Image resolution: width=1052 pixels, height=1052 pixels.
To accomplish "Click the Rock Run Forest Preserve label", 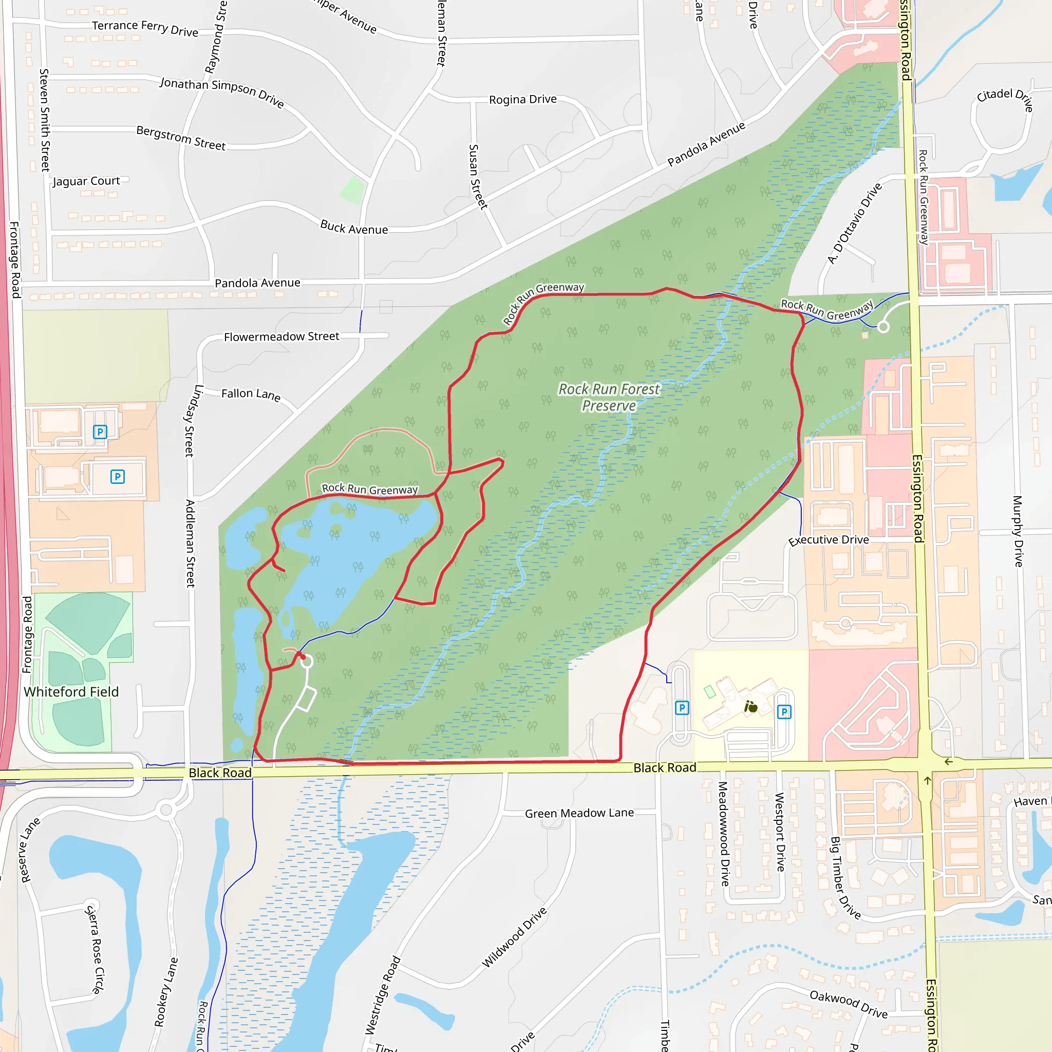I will coord(609,398).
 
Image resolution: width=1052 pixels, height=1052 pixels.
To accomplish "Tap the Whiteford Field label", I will coord(71,691).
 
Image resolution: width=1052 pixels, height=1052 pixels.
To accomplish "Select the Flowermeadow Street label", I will coord(281,336).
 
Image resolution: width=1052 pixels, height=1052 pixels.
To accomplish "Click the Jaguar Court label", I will coord(86,181).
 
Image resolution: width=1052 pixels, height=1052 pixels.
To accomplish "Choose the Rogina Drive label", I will coord(523,99).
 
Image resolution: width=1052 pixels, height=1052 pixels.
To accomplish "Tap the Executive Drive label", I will coord(828,540).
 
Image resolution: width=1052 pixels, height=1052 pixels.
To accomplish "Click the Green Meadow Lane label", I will coord(579,813).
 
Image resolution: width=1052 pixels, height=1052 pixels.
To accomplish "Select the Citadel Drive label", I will coord(1005,98).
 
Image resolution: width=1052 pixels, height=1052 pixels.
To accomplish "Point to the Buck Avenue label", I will coord(354,228).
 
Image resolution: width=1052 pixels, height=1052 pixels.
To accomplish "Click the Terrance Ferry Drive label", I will coord(145,28).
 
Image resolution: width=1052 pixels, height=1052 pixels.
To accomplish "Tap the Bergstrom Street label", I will coord(181,138).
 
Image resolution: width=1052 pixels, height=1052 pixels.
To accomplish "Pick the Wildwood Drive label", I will coord(514,937).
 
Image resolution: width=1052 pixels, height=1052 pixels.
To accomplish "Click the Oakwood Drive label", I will coord(849,1004).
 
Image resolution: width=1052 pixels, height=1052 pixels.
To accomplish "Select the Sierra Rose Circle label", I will coord(94,949).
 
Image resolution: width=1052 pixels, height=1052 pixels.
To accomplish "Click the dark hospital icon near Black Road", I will coord(751,707).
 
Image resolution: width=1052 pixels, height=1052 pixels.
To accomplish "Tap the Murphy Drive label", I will coord(1017,531).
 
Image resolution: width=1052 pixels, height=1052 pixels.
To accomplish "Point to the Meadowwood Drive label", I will coord(723,834).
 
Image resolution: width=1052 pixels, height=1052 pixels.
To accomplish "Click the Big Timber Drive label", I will coord(844,878).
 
